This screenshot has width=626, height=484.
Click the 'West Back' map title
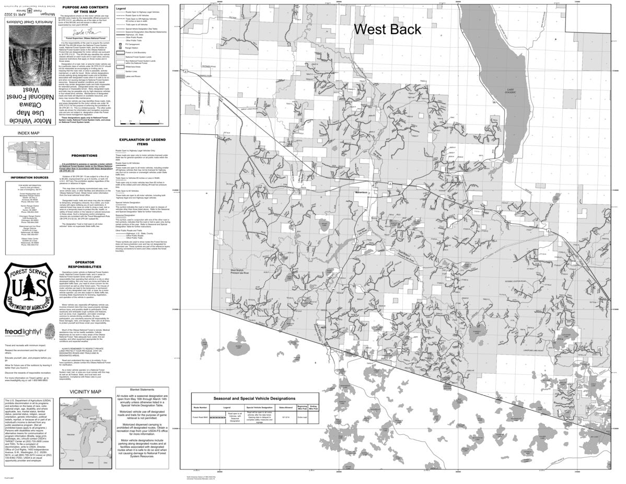pos(387,29)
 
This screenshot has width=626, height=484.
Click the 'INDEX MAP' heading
pos(28,133)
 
